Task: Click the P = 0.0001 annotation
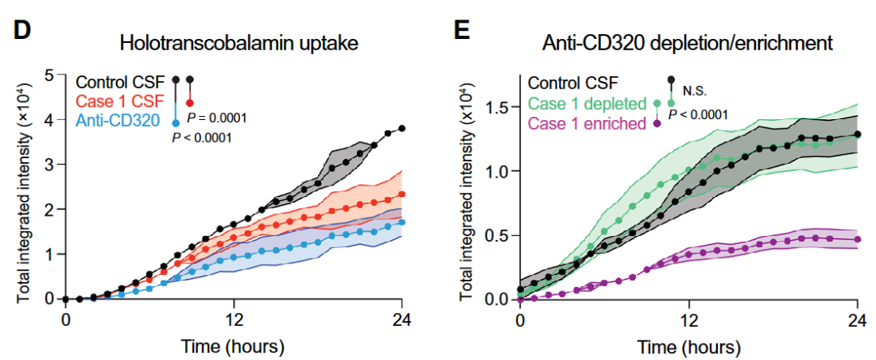(x=217, y=118)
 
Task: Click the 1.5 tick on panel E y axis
(x=498, y=108)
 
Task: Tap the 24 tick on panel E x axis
(x=857, y=318)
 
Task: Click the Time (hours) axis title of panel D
(x=234, y=346)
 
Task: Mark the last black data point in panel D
(x=402, y=128)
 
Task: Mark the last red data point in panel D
(x=402, y=195)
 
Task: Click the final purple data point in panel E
(x=857, y=239)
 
